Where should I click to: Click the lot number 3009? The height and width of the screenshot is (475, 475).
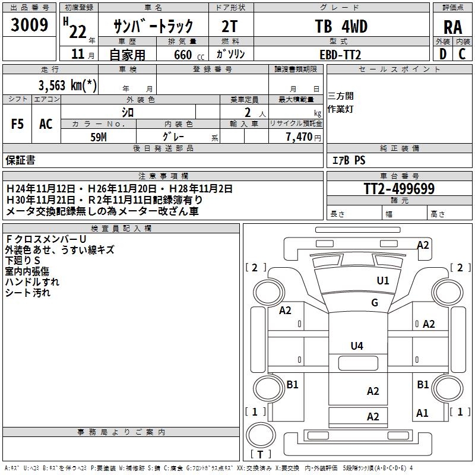click(30, 25)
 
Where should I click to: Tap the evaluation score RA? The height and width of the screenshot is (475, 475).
click(452, 27)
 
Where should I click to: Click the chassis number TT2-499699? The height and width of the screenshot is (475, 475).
click(399, 189)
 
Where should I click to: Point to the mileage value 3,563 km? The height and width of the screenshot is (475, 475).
click(68, 84)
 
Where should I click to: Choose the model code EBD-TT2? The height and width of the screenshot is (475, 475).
click(340, 55)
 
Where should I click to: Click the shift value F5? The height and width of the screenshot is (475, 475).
click(18, 124)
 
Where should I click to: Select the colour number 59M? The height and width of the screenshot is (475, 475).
click(99, 136)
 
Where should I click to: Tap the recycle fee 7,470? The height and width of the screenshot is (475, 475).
click(299, 137)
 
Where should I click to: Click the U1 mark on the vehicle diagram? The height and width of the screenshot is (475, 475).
click(383, 281)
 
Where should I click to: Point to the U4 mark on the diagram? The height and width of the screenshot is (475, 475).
click(357, 346)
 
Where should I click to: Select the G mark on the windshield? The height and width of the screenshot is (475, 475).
click(375, 303)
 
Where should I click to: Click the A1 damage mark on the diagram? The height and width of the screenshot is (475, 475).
click(422, 413)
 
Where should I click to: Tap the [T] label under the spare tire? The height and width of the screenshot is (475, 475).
click(261, 455)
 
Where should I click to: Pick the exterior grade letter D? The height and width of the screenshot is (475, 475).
click(442, 54)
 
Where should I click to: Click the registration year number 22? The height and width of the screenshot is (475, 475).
click(77, 31)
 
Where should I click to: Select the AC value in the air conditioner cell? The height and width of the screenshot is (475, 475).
click(46, 124)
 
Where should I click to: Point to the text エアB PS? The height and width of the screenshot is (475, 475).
click(349, 160)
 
